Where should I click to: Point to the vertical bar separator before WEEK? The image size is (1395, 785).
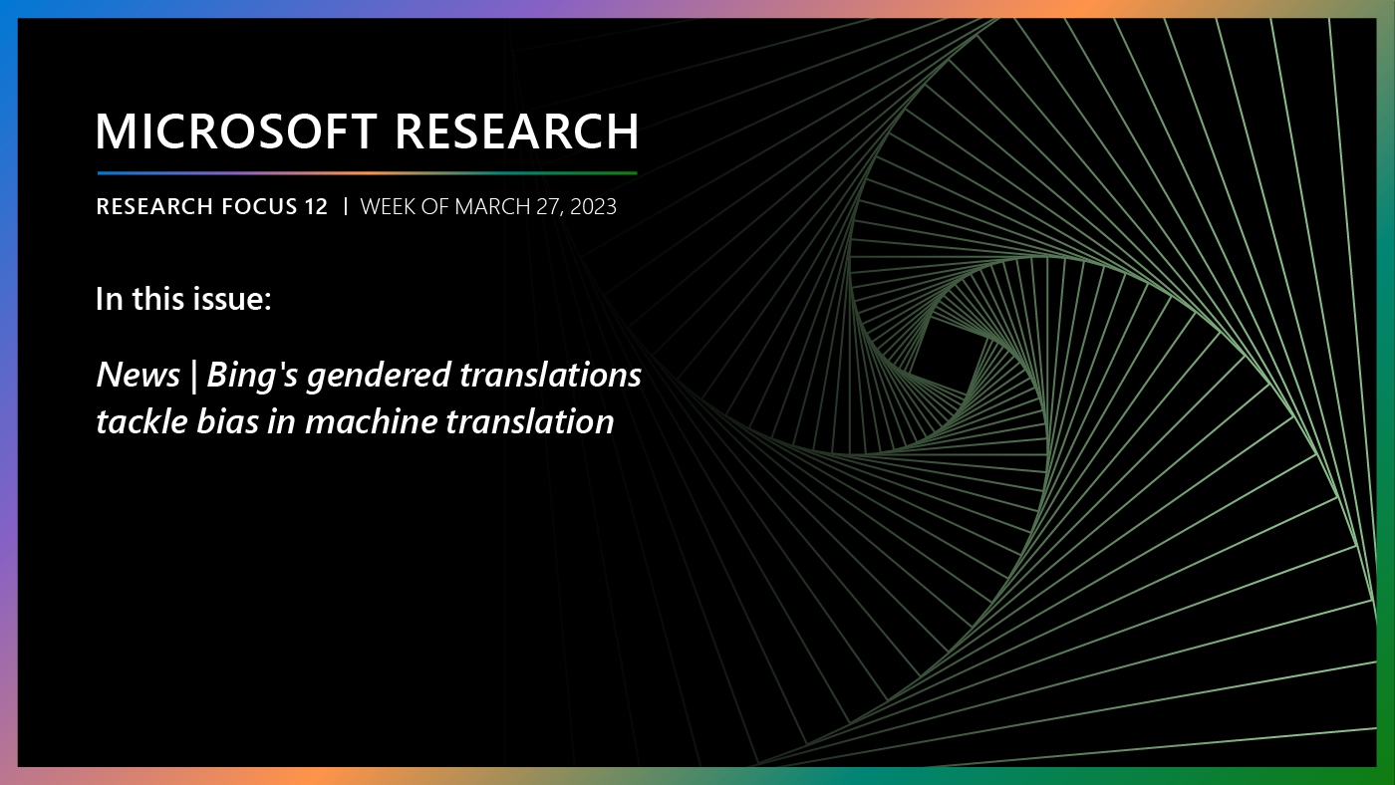[x=345, y=207]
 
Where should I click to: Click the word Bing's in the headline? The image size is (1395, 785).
[x=255, y=376]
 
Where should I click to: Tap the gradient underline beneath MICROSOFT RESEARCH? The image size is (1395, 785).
[x=367, y=173]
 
